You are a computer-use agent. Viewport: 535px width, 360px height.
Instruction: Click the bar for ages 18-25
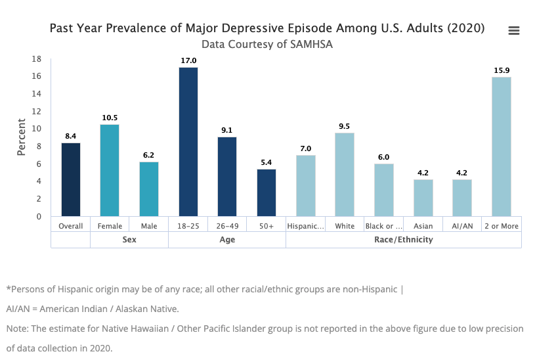click(x=188, y=141)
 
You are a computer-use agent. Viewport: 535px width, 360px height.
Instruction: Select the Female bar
click(x=110, y=170)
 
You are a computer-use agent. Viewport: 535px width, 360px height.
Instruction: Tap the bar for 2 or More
click(x=502, y=146)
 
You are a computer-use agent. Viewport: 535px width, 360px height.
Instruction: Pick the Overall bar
click(x=71, y=179)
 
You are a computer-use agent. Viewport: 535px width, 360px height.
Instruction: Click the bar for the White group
click(x=345, y=174)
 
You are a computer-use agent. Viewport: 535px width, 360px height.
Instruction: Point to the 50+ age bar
click(x=267, y=192)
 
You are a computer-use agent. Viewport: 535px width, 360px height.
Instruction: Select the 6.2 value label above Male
click(x=149, y=155)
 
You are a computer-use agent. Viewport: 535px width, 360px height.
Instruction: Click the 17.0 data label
click(x=188, y=60)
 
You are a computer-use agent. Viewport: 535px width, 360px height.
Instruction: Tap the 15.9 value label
click(x=502, y=70)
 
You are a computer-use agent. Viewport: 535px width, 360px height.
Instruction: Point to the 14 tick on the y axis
click(x=37, y=94)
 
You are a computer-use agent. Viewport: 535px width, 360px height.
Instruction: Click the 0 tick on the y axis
click(x=39, y=216)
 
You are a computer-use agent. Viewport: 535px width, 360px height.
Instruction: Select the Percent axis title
click(x=22, y=137)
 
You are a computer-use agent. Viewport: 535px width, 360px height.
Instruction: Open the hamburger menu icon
click(x=514, y=31)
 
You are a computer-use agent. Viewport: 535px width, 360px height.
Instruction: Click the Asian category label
click(x=423, y=226)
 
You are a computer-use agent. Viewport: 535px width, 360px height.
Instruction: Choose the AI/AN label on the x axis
click(x=462, y=226)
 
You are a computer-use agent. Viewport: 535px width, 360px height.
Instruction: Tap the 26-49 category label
click(x=227, y=226)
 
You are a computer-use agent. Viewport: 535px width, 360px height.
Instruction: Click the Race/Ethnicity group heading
click(x=404, y=240)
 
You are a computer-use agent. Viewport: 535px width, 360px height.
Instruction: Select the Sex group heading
click(x=129, y=240)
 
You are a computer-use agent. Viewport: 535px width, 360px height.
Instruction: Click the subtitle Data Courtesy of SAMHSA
click(x=267, y=44)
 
